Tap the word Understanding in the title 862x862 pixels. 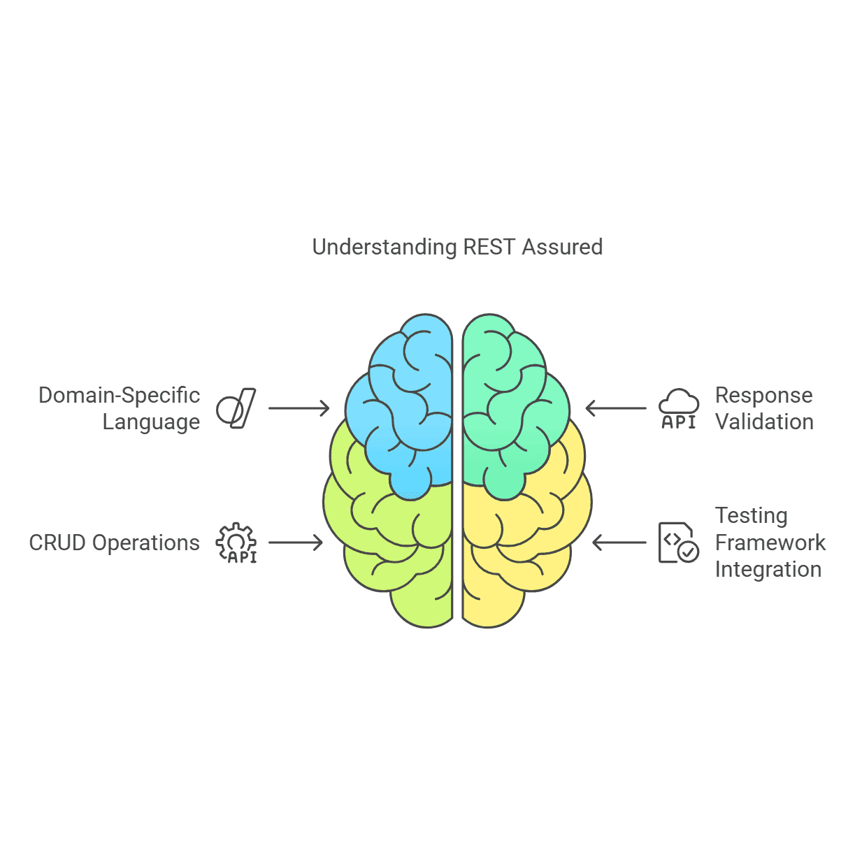coord(384,247)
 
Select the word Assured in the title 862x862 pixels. coord(562,247)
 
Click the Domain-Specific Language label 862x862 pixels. coord(120,408)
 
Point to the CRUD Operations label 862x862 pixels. coord(114,543)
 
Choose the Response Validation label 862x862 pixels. coord(764,408)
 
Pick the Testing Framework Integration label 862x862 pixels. coord(770,543)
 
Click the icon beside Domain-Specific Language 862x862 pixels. coord(236,408)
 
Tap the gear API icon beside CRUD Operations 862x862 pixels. coord(236,543)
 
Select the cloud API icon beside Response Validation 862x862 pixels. coord(679,409)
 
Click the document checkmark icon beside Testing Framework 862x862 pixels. coord(678,543)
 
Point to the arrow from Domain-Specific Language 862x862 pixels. coord(299,408)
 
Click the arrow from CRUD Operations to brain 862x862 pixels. coord(296,543)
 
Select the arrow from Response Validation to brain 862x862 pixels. coord(616,408)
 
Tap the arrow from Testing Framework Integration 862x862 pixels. coord(619,543)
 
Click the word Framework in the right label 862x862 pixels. coord(770,543)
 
